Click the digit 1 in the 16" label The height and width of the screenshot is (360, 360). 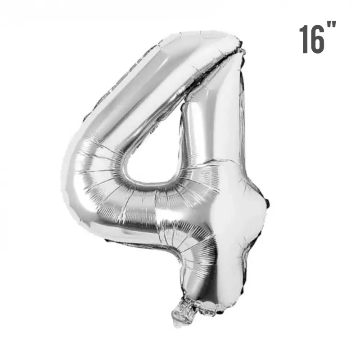click(x=304, y=39)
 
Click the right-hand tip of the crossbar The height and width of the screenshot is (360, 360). click(x=269, y=202)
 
